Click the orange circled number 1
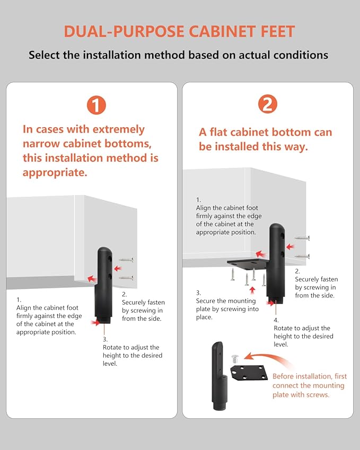[x=96, y=105]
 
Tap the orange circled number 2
[x=268, y=104]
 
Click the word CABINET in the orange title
[x=222, y=31]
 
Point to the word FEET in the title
[x=278, y=31]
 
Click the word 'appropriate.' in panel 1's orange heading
[x=55, y=173]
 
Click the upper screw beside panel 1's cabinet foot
[x=126, y=260]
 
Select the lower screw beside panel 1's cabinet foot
[x=126, y=278]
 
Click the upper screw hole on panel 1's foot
[x=110, y=259]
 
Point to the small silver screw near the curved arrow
[x=234, y=358]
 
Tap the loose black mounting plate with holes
[x=249, y=372]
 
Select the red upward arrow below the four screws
[x=252, y=290]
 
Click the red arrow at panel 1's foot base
[x=95, y=323]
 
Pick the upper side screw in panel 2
[x=302, y=238]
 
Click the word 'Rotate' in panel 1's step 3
[x=112, y=347]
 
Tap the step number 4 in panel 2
[x=276, y=320]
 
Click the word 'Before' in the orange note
[x=283, y=376]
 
